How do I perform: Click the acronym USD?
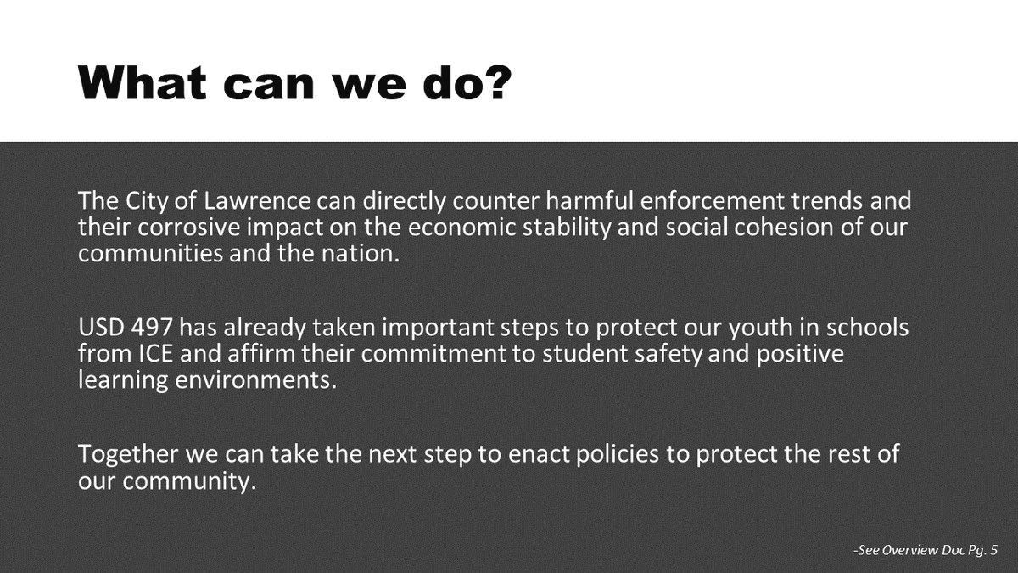[x=100, y=328]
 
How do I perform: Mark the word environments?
[x=255, y=379]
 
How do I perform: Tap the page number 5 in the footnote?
[x=993, y=550]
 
